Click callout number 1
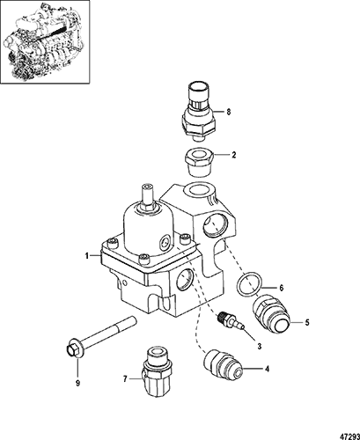click(87, 256)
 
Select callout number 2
click(234, 155)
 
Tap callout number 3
click(260, 346)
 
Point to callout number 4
click(267, 369)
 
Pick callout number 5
click(307, 322)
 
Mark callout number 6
click(282, 288)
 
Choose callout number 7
click(125, 379)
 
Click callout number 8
click(229, 112)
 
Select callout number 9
click(78, 383)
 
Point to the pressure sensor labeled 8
click(198, 112)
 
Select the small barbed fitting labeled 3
click(231, 322)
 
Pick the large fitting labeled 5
click(270, 313)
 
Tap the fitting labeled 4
click(222, 365)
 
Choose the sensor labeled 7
click(156, 371)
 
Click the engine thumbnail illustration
click(45, 42)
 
